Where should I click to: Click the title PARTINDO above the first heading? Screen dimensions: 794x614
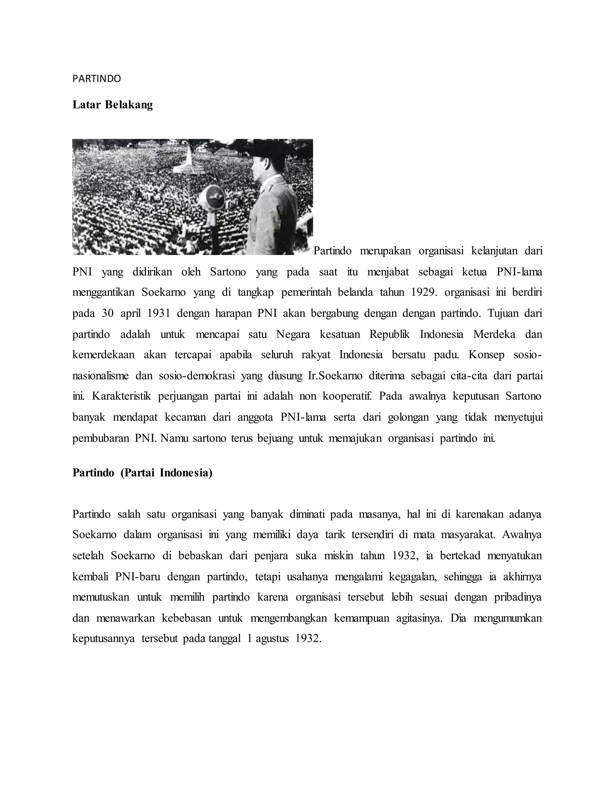(97, 79)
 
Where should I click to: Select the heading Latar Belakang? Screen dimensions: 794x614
(112, 105)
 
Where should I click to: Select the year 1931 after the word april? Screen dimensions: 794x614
(159, 313)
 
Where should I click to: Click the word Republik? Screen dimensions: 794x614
(389, 334)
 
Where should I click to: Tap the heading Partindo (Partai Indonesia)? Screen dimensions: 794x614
(142, 473)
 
